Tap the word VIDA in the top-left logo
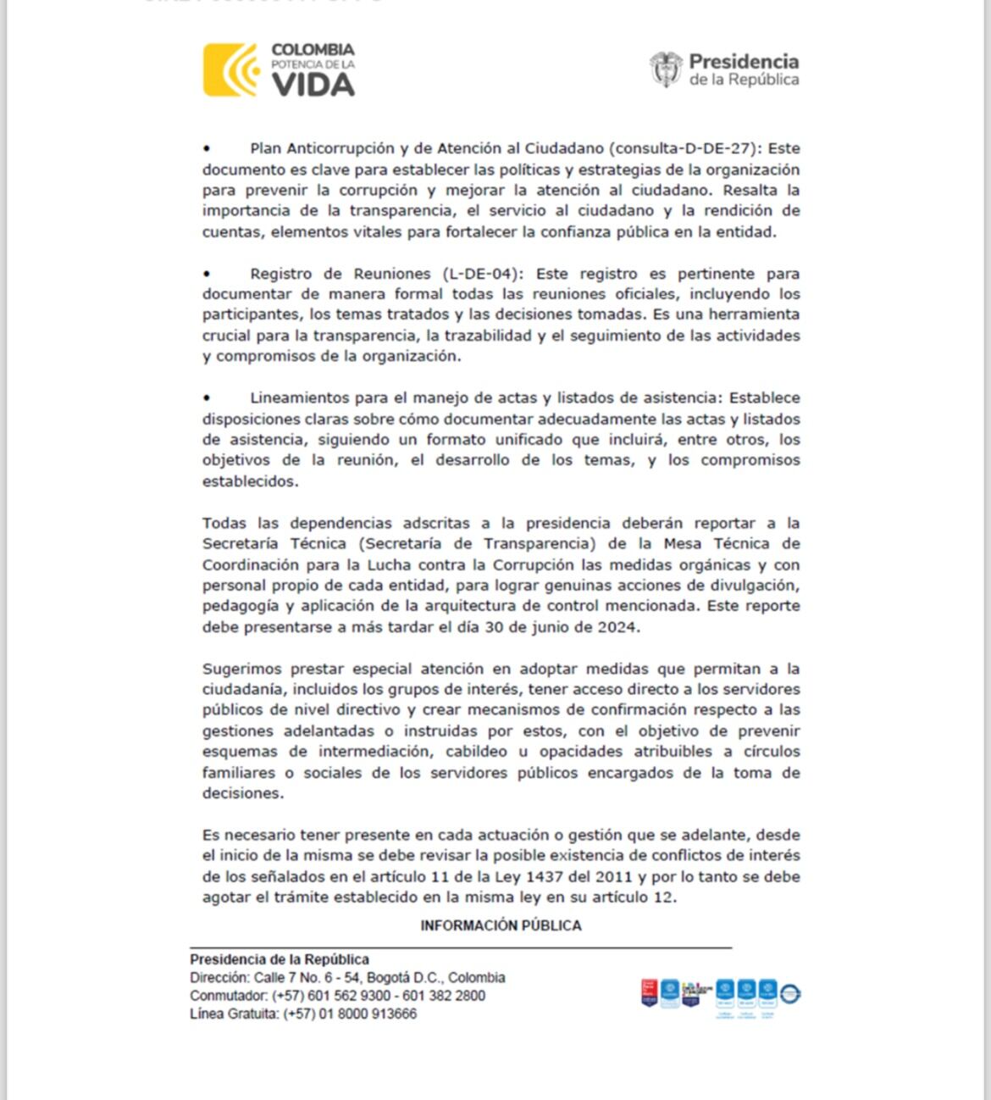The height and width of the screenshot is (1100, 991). (x=313, y=86)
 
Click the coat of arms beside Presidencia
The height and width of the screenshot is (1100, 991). (x=666, y=69)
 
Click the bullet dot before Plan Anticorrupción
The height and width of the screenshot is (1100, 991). (x=207, y=149)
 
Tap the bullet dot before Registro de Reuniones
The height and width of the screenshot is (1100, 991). (x=207, y=275)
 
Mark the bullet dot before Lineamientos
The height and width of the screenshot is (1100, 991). (x=207, y=398)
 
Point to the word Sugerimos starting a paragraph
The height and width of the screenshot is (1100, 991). (x=242, y=669)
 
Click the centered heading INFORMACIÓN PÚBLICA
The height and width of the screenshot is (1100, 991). (x=501, y=925)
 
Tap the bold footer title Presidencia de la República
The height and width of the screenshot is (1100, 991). (x=280, y=959)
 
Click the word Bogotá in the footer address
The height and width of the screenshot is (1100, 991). (x=390, y=978)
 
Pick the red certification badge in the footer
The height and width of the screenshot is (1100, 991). (x=650, y=992)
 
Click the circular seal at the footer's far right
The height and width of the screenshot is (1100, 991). (x=790, y=993)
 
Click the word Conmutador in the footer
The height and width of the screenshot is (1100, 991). (x=227, y=996)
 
